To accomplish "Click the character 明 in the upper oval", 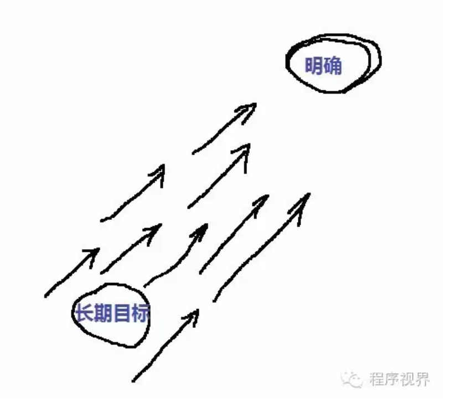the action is tap(314, 65).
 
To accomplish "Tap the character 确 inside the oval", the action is tap(333, 65).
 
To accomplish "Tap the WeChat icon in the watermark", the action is tap(352, 380).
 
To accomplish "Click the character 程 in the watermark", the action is tap(376, 379).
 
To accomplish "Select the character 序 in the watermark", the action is tap(391, 379).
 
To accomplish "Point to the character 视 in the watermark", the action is tap(406, 379).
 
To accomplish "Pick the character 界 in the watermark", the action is tap(422, 379).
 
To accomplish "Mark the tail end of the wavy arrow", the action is tap(144, 286).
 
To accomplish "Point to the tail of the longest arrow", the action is tap(214, 301).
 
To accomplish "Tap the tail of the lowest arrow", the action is tap(133, 381).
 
